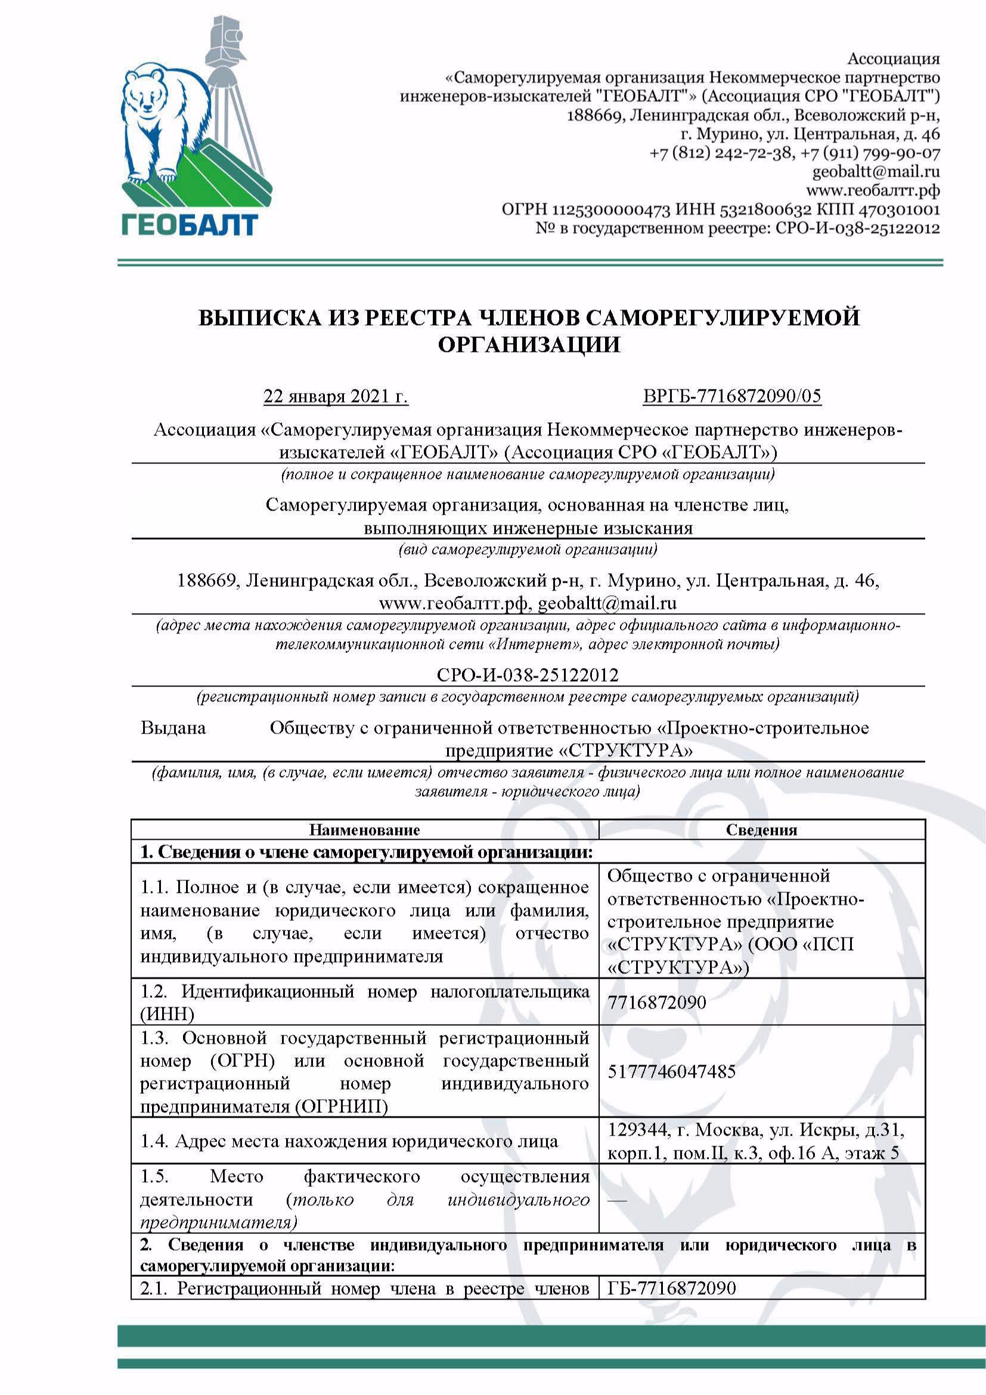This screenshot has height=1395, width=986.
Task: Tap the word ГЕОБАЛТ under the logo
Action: (x=190, y=224)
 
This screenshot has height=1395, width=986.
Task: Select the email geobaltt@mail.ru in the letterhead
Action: (x=876, y=171)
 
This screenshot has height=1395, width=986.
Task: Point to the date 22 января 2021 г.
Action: (x=336, y=397)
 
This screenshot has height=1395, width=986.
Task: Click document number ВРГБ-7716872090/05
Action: (x=731, y=397)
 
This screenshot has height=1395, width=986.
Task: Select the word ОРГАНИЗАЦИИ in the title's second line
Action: (x=529, y=345)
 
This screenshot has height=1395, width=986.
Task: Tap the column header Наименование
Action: (x=364, y=830)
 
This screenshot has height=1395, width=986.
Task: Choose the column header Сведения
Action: (x=761, y=830)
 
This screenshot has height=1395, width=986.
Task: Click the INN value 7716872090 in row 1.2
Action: (x=657, y=1002)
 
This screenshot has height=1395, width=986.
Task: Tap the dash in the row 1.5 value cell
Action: (x=617, y=1200)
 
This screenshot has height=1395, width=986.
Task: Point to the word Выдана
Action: (x=173, y=728)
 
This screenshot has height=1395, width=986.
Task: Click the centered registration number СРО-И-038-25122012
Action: (x=528, y=675)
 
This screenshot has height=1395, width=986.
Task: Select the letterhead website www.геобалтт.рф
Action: (x=876, y=191)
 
